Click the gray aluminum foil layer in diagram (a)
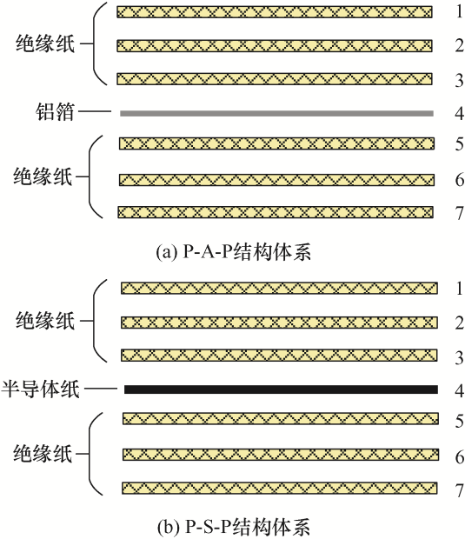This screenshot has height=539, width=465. (x=276, y=113)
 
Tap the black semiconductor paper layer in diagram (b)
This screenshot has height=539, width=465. (x=281, y=389)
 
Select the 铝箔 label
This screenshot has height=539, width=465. (x=55, y=111)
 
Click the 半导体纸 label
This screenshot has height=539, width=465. (x=41, y=389)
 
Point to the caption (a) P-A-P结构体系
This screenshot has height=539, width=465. (x=233, y=252)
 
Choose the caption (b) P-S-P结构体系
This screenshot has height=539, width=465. (x=234, y=526)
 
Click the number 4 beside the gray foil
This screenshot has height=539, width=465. (x=460, y=113)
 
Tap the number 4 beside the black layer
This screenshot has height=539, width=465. (x=460, y=390)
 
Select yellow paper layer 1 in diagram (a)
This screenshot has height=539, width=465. (x=275, y=12)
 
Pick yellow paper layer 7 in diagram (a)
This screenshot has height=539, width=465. (x=276, y=212)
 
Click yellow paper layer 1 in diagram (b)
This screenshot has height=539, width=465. (x=279, y=288)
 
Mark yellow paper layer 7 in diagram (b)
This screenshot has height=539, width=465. (x=280, y=488)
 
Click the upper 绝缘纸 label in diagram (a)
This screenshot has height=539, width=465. (x=45, y=43)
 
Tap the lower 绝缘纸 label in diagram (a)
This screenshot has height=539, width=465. (x=43, y=176)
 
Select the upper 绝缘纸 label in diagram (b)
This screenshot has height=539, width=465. (x=45, y=321)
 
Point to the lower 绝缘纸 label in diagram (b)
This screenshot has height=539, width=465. (x=43, y=454)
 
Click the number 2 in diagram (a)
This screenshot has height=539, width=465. (x=460, y=45)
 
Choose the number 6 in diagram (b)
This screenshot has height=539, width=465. (x=460, y=457)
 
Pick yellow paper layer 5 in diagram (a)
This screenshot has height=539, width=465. (x=277, y=143)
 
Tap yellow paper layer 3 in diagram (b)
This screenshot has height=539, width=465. (x=279, y=355)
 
